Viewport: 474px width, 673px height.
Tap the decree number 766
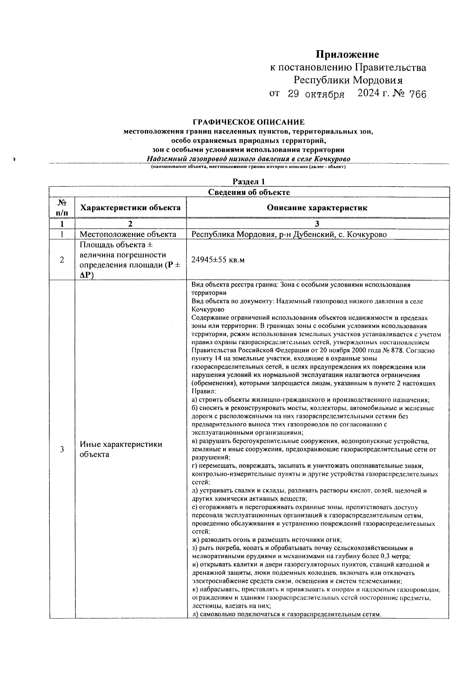tap(418, 94)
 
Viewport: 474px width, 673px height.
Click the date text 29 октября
tap(316, 95)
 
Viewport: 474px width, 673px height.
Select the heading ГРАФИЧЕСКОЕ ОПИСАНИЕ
tap(248, 123)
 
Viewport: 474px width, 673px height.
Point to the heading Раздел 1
tap(248, 181)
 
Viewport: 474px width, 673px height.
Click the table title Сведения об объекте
tap(249, 193)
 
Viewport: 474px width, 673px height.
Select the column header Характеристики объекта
tap(130, 208)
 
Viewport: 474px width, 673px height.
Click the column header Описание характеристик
tap(317, 208)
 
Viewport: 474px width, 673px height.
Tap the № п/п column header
tap(62, 208)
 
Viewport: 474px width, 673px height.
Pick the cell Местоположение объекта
tap(128, 234)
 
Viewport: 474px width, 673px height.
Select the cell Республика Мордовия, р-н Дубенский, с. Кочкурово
tap(289, 234)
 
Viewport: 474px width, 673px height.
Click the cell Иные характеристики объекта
tap(121, 449)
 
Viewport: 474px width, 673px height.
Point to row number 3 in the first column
tap(62, 449)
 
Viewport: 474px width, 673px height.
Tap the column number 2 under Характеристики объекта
tap(130, 224)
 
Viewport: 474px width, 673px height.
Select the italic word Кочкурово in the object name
tap(332, 159)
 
